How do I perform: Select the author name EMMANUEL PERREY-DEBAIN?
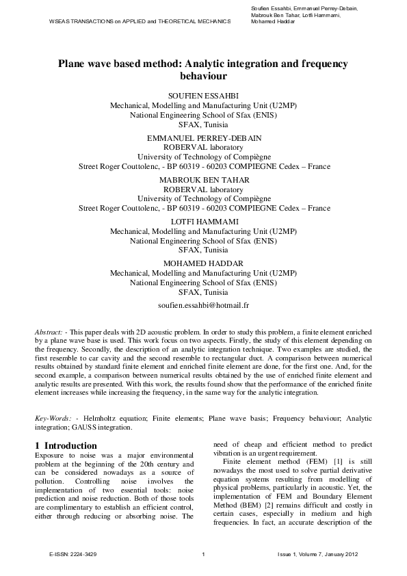point(203,138)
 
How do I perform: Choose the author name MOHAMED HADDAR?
point(203,263)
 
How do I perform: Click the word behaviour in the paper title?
point(203,77)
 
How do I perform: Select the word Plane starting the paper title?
point(73,64)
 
